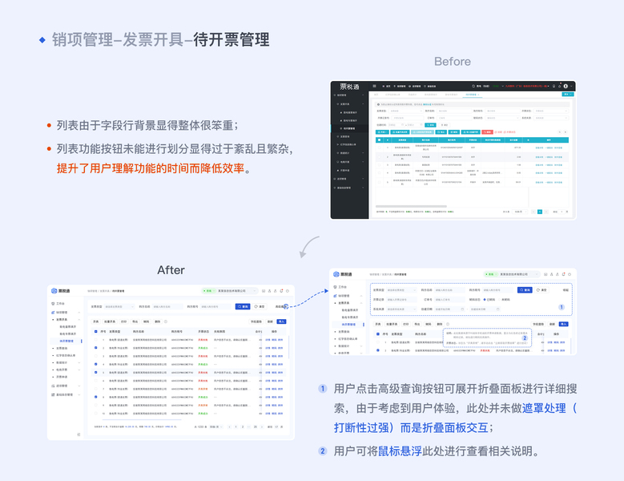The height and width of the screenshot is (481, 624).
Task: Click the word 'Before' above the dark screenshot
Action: tap(453, 62)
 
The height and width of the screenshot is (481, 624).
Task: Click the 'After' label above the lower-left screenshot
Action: tap(171, 269)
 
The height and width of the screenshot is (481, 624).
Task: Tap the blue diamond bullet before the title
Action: tap(42, 39)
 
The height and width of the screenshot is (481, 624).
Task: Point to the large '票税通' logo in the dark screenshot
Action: tap(348, 86)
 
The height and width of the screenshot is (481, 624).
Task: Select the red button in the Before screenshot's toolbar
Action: tap(473, 131)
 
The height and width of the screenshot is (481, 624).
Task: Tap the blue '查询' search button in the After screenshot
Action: tap(242, 306)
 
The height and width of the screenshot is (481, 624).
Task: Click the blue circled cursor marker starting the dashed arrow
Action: tap(286, 306)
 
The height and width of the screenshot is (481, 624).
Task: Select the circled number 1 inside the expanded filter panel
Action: tap(561, 307)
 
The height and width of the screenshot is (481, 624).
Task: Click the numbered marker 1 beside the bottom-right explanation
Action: tap(323, 389)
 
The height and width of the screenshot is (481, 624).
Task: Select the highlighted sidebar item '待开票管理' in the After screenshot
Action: tap(66, 341)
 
